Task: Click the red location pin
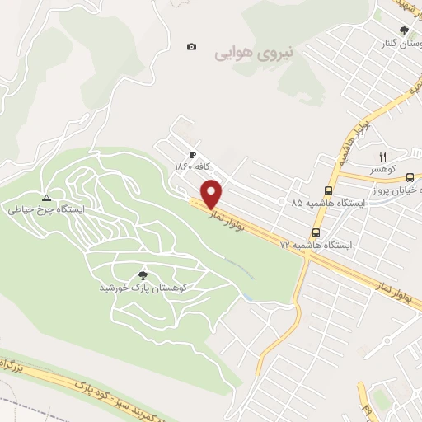(212, 194)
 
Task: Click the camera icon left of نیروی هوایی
(192, 47)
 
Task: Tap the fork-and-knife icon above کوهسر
(382, 156)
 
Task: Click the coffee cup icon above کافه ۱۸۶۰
(192, 154)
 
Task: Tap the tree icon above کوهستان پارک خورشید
(145, 275)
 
